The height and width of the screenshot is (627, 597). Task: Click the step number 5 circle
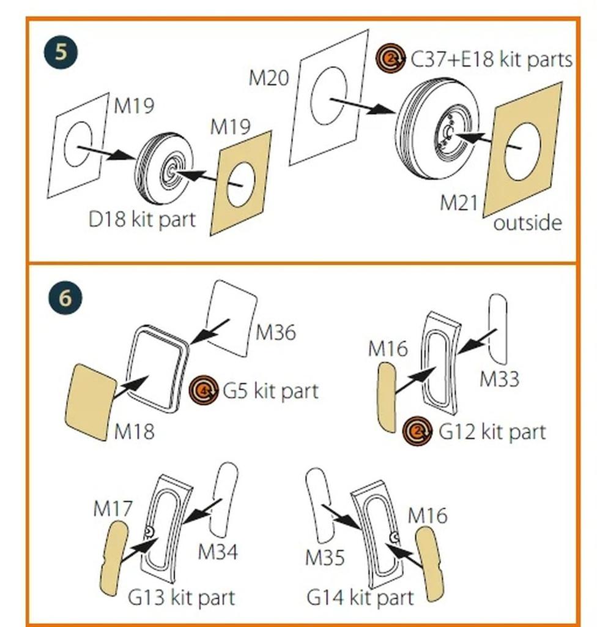click(61, 52)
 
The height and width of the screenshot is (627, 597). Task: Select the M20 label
click(269, 78)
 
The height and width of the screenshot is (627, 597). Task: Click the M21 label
click(458, 203)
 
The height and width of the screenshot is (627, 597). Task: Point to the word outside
click(527, 222)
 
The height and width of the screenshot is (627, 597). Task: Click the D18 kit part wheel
click(164, 168)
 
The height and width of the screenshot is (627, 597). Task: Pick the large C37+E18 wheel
click(437, 129)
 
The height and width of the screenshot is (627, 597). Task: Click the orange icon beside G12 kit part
click(418, 432)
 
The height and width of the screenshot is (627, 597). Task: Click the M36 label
click(275, 332)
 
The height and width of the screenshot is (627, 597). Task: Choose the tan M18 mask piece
click(90, 402)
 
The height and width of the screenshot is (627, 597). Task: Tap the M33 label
click(499, 379)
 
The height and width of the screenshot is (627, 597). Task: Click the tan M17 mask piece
click(114, 557)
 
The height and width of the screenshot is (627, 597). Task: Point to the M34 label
click(218, 552)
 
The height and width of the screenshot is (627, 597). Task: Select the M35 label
click(325, 557)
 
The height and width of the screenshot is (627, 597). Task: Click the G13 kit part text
click(181, 596)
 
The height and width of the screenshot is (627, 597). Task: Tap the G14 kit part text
click(360, 596)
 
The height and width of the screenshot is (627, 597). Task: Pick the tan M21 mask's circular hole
click(522, 151)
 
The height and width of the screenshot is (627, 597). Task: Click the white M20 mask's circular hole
click(328, 97)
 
